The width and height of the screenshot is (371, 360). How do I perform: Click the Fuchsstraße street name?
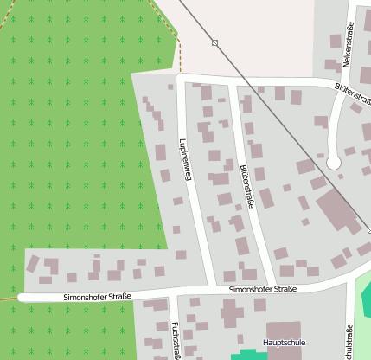[x=176, y=339]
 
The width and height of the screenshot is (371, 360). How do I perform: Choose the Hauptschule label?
[x=285, y=343]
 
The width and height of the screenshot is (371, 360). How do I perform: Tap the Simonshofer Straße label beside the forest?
[x=97, y=297]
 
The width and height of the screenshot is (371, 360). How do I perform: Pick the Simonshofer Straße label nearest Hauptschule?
[x=263, y=289]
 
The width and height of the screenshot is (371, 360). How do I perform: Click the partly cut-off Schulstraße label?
[x=349, y=343]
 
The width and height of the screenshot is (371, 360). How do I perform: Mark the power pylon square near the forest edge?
[x=214, y=42]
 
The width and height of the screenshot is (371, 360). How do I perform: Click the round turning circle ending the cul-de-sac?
[x=334, y=162]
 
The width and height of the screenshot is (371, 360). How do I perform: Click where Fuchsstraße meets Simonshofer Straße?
[x=172, y=294]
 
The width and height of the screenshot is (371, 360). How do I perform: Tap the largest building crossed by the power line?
[x=339, y=211]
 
